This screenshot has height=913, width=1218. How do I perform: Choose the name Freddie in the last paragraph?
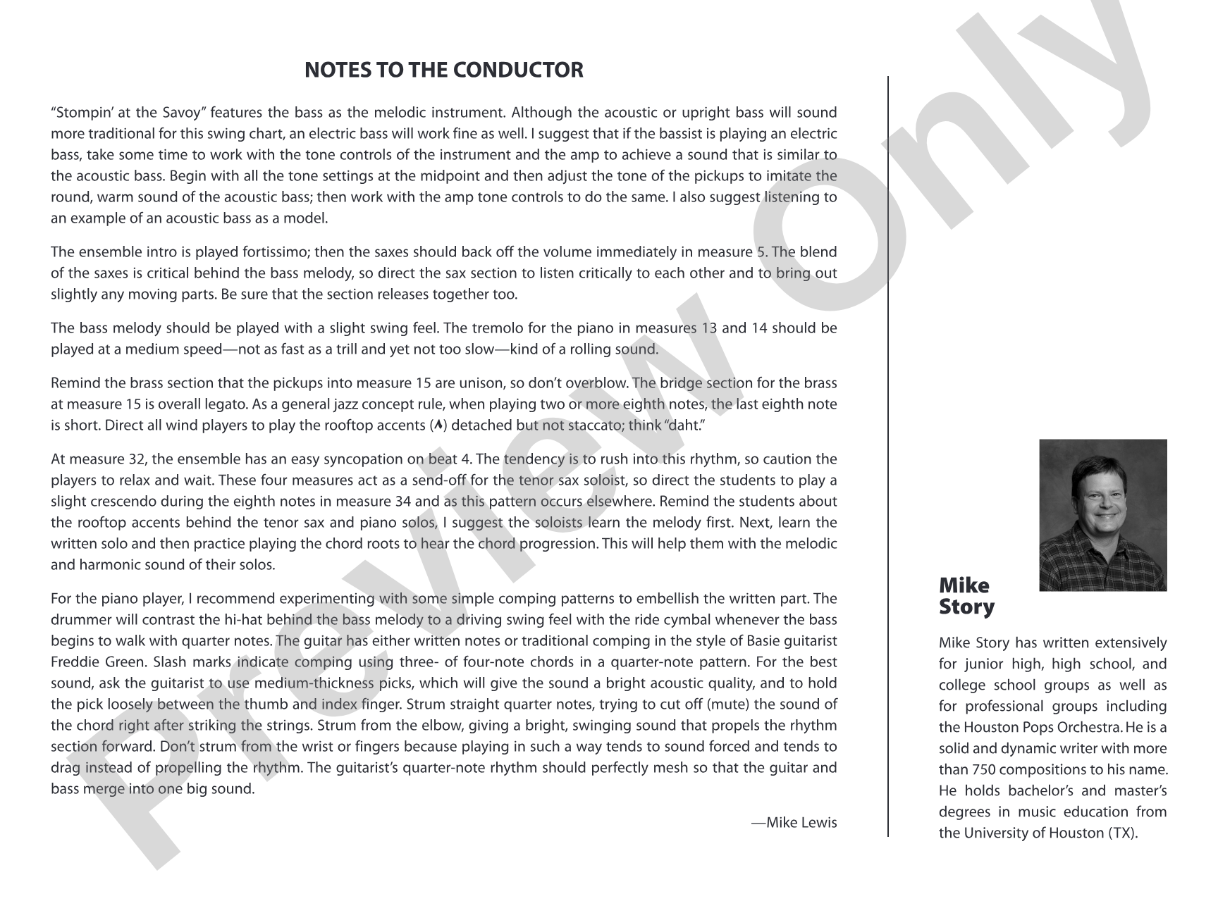tap(73, 662)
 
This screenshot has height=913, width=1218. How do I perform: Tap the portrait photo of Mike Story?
tap(1102, 515)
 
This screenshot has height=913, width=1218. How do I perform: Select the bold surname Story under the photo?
tap(966, 607)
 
